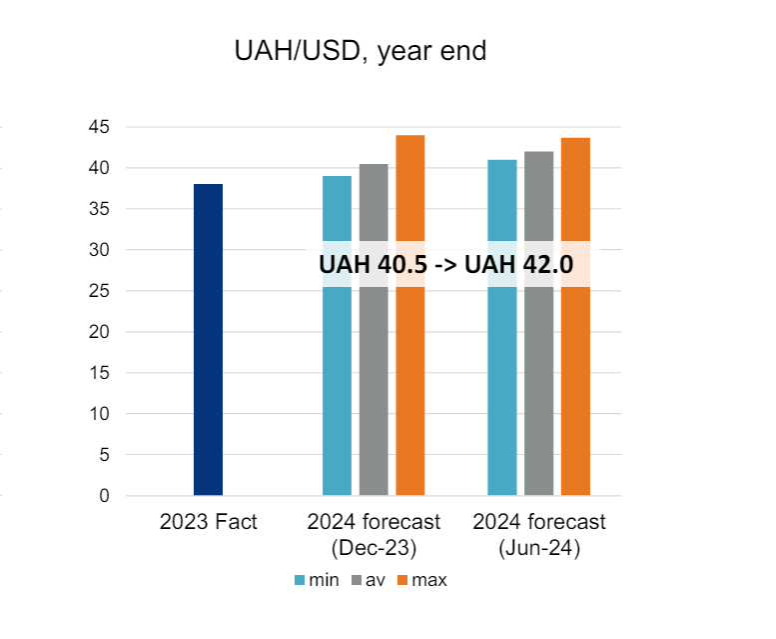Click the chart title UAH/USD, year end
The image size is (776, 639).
[361, 51]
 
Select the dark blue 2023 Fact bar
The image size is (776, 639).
[208, 340]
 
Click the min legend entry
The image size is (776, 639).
[317, 580]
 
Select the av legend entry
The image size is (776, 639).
[370, 580]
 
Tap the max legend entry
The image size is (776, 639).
[423, 580]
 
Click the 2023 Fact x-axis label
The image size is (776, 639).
[209, 523]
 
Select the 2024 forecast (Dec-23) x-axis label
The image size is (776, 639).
[374, 533]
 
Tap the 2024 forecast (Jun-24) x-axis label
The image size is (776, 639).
[539, 533]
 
